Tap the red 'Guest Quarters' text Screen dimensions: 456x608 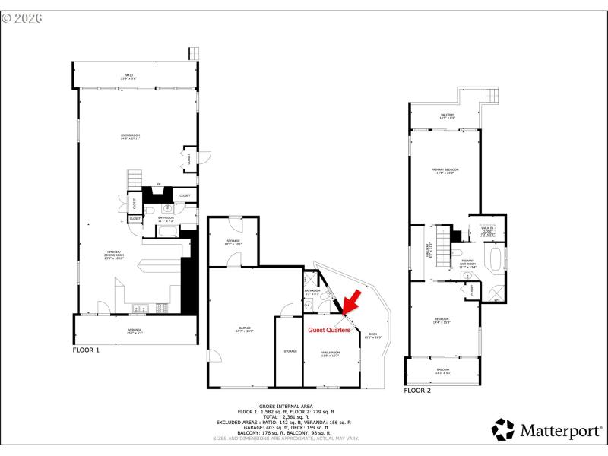pos(328,330)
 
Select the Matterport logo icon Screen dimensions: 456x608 pos(503,429)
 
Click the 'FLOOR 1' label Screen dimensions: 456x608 pos(86,350)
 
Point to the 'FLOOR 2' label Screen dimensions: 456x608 pos(417,390)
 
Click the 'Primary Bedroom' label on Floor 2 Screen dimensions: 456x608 pos(445,170)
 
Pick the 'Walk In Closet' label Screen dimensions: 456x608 pos(487,230)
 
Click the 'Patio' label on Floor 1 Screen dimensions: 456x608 pos(129,76)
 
